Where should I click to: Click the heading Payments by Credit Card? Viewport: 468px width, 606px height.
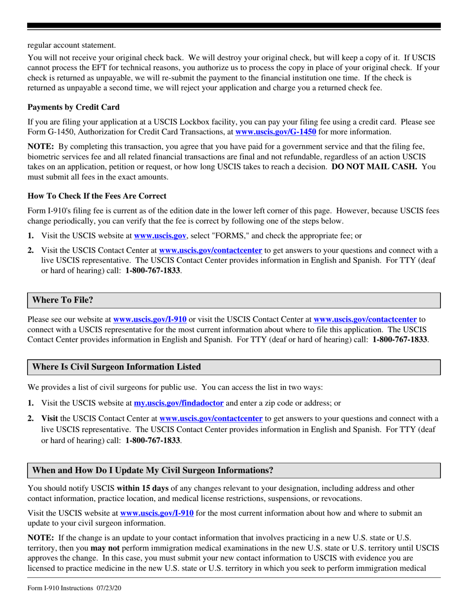[x=73, y=107]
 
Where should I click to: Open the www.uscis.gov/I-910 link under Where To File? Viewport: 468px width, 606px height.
[x=150, y=320]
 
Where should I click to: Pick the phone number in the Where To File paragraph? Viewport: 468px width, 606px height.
[x=400, y=339]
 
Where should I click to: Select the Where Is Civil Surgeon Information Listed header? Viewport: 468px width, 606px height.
[x=116, y=367]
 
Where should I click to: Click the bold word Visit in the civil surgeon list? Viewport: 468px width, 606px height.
[x=50, y=419]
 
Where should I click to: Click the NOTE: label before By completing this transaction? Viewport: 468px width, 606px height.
[x=40, y=147]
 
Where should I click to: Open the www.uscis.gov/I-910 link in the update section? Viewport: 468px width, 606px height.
[x=157, y=513]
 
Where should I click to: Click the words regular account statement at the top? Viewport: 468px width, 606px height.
[x=71, y=45]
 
